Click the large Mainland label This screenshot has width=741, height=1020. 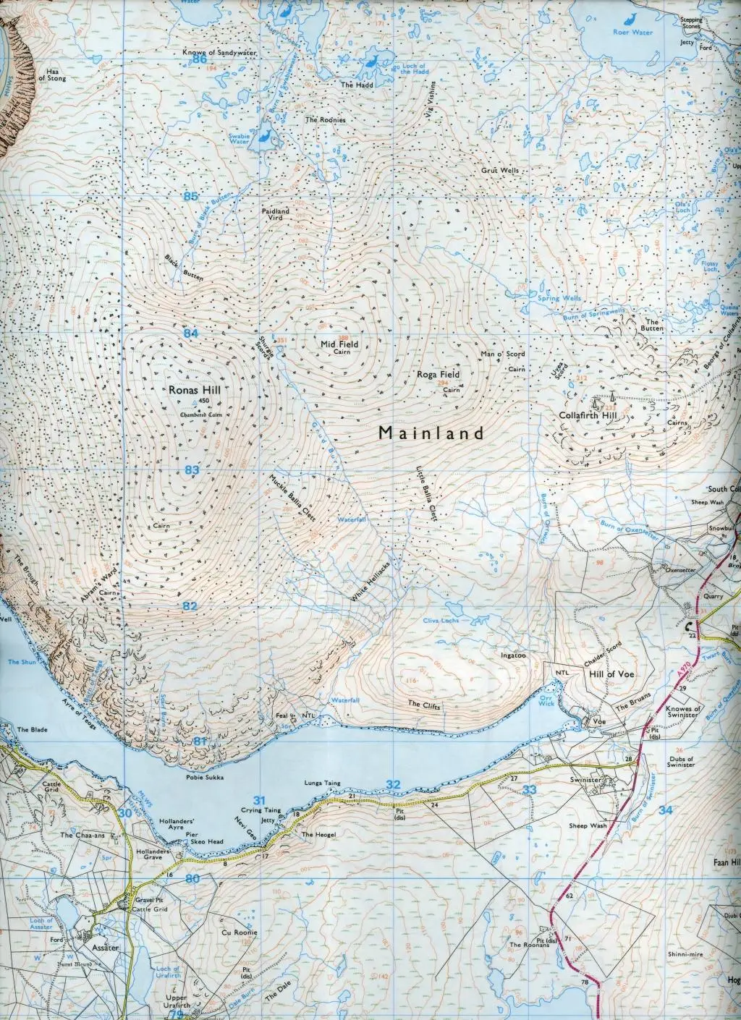pos(431,433)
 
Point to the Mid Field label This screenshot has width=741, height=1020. pos(340,344)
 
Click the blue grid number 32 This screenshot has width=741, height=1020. pos(393,784)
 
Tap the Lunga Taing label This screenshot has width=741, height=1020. pos(323,783)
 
